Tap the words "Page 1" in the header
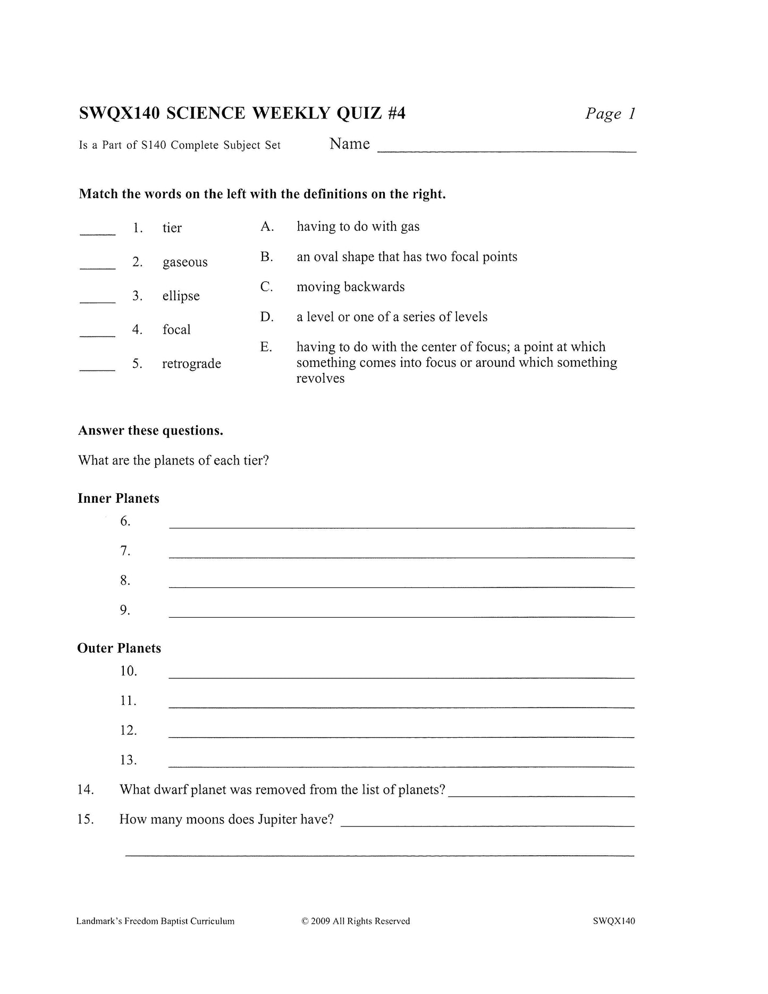tap(610, 113)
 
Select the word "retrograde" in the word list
tap(191, 364)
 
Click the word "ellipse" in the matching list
tap(181, 296)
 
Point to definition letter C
tap(267, 287)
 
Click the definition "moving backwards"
tap(350, 287)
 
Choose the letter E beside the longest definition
tap(266, 347)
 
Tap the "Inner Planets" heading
tap(119, 499)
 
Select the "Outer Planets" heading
tap(119, 648)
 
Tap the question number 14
tap(86, 789)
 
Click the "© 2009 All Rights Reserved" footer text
tap(356, 921)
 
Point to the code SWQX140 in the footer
tap(614, 921)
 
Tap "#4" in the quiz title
tap(395, 113)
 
